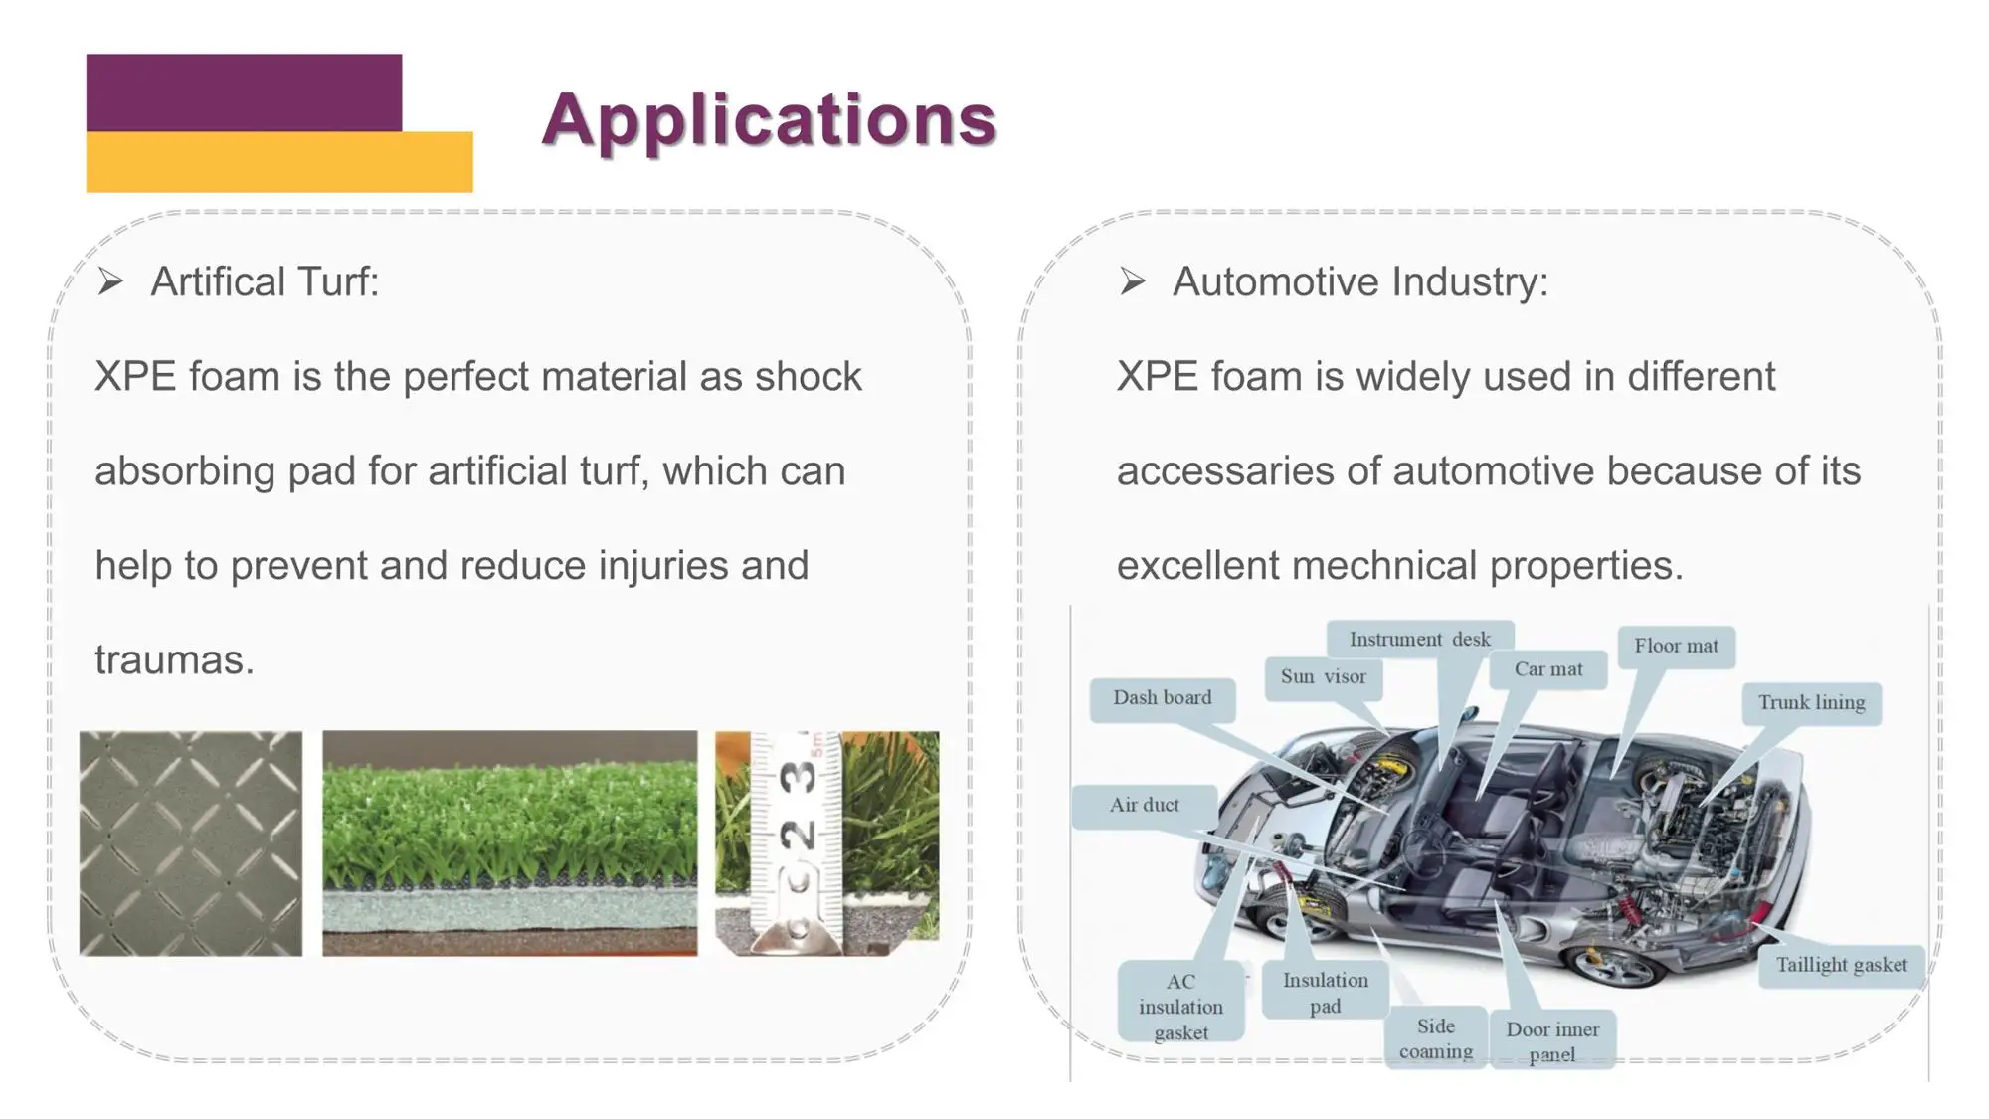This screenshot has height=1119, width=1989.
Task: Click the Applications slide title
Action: point(769,119)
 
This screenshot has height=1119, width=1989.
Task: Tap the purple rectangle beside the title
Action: point(244,92)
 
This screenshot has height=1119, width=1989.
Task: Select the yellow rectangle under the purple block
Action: point(279,162)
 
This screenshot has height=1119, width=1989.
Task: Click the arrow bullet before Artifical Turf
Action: point(110,282)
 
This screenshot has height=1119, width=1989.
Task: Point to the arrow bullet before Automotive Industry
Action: point(1132,282)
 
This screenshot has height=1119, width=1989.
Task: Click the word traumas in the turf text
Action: point(174,660)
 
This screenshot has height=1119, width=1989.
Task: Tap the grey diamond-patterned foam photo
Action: point(191,843)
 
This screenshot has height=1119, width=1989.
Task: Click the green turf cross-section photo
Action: point(509,843)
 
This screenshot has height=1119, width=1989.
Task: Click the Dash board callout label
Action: point(1162,698)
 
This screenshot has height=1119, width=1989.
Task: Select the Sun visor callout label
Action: point(1323,676)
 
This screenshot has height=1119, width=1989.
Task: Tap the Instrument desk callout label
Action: point(1419,640)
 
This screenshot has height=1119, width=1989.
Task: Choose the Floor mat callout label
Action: point(1676,646)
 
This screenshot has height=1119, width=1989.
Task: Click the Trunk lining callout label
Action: point(1811,702)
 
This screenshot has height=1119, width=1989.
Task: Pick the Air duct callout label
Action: point(1144,805)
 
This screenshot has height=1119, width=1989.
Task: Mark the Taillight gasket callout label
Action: point(1841,965)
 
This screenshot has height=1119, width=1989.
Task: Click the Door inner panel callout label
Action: point(1551,1041)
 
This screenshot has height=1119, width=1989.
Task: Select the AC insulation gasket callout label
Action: point(1180,1007)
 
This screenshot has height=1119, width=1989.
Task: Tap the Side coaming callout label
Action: point(1435,1038)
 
